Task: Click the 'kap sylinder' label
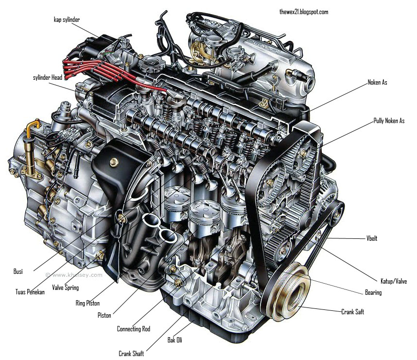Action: pyautogui.click(x=67, y=19)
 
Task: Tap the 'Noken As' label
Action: pyautogui.click(x=377, y=83)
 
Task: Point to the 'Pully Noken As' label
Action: pyautogui.click(x=389, y=121)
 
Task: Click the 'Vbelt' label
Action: pyautogui.click(x=372, y=239)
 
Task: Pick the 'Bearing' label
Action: pyautogui.click(x=373, y=292)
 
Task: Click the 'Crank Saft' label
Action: pyautogui.click(x=352, y=312)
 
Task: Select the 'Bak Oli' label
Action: pyautogui.click(x=175, y=340)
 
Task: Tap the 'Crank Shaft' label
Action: pyautogui.click(x=131, y=354)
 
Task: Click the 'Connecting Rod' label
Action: pyautogui.click(x=134, y=329)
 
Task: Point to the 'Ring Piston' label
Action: pyautogui.click(x=87, y=304)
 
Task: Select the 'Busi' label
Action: pyautogui.click(x=18, y=271)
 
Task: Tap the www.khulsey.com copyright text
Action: pyautogui.click(x=74, y=274)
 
